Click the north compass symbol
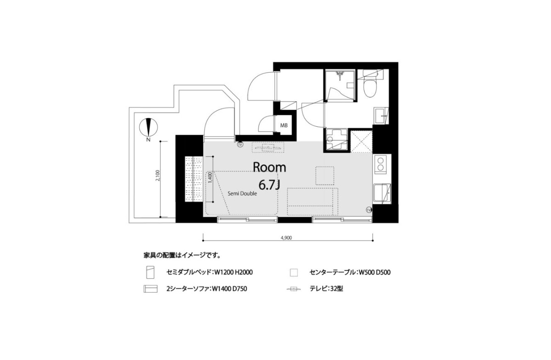(x=148, y=127)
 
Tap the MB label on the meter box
(x=284, y=125)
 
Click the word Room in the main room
(x=270, y=167)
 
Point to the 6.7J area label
(x=270, y=185)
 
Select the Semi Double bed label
(x=242, y=194)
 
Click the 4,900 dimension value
(x=287, y=238)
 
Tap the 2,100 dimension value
(x=158, y=176)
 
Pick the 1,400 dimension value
(x=210, y=178)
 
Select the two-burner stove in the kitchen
(x=381, y=164)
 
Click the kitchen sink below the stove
(x=382, y=194)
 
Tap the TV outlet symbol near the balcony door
(x=240, y=145)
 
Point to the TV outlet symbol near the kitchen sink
(x=368, y=210)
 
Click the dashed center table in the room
(x=325, y=176)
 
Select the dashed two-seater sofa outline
(x=312, y=202)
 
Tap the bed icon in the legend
(x=150, y=272)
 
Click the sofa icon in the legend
(x=150, y=289)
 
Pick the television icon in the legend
(x=294, y=289)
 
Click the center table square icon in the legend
(x=294, y=273)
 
